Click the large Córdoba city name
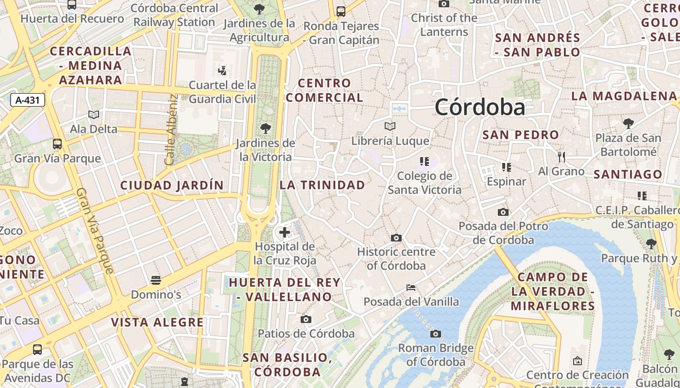tap(480, 107)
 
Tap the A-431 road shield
tap(28, 100)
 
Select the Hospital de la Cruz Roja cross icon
tap(285, 233)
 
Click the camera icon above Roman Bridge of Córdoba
tap(436, 334)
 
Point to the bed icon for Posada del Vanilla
tap(411, 288)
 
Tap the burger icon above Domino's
tap(155, 280)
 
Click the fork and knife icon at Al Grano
tap(561, 157)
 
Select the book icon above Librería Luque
tap(390, 127)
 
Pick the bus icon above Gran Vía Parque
tap(57, 144)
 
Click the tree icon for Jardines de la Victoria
tap(265, 129)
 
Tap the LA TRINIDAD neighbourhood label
tap(322, 185)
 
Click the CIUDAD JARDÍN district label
tap(172, 185)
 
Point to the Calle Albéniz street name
tap(170, 129)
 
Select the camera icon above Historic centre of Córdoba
tap(396, 238)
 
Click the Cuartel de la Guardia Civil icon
tap(222, 71)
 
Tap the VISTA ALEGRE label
tap(157, 323)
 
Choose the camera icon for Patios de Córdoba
tap(306, 319)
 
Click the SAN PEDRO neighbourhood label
tap(521, 135)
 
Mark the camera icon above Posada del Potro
tap(503, 212)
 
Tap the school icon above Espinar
tap(507, 167)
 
